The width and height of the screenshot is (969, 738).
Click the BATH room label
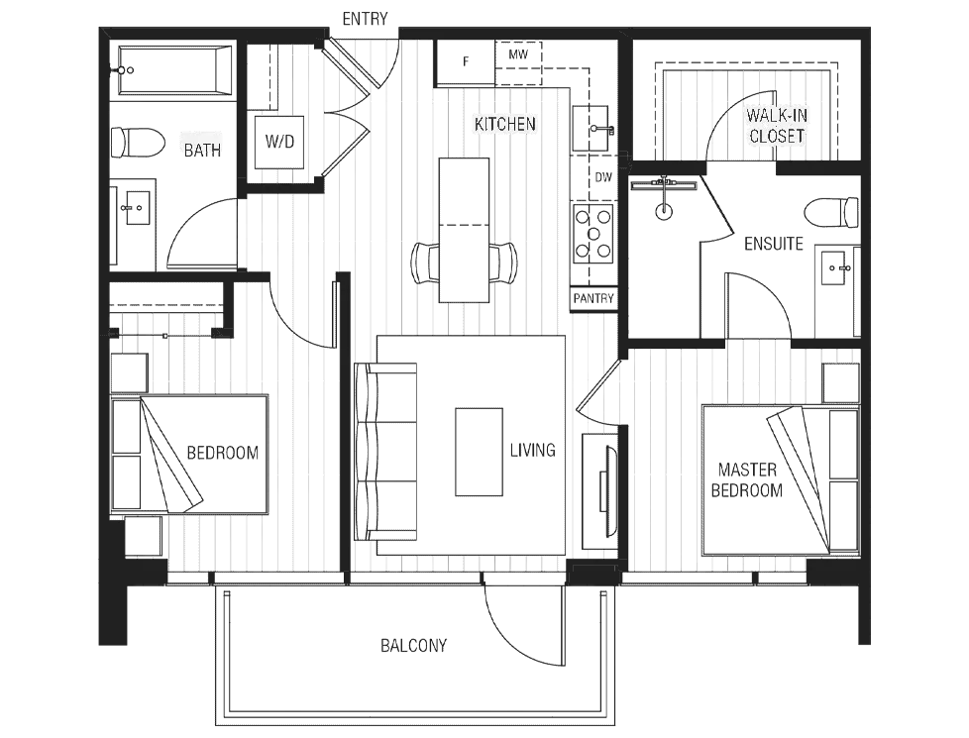(202, 151)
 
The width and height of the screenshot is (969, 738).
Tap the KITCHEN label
(504, 124)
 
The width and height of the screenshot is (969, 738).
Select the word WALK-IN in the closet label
(777, 115)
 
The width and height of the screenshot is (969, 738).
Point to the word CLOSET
(777, 136)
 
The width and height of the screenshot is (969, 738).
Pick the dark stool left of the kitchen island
(421, 263)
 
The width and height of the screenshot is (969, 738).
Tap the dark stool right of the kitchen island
(506, 263)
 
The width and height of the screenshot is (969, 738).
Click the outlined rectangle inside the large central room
(480, 451)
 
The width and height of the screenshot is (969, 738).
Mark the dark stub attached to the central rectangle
(530, 448)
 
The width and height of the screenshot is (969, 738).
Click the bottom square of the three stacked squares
(396, 502)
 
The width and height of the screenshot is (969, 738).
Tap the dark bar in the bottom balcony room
(415, 646)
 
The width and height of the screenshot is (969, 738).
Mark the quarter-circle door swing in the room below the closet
(758, 297)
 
